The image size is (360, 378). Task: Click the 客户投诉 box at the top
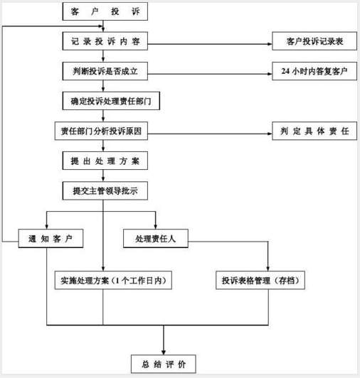pos(105,12)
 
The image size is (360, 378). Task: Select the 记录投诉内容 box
pos(105,43)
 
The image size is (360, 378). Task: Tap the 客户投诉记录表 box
pos(314,43)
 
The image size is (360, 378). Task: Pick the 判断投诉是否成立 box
pos(105,72)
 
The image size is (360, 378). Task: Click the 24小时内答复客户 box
pos(314,72)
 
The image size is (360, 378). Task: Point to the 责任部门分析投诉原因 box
pos(105,131)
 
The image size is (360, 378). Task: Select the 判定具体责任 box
pos(314,131)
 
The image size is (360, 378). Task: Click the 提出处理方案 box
pos(105,161)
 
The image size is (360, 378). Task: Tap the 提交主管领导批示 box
pos(105,190)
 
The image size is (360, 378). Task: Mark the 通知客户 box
pos(51,239)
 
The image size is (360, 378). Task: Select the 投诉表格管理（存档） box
pos(261,281)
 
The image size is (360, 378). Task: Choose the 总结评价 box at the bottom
pos(164,364)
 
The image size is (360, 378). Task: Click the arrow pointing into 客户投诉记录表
pos(268,43)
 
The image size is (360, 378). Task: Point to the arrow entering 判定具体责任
pos(268,132)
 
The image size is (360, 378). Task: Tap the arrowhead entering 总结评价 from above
pos(164,350)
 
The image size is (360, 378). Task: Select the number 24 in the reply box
pos(286,72)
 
